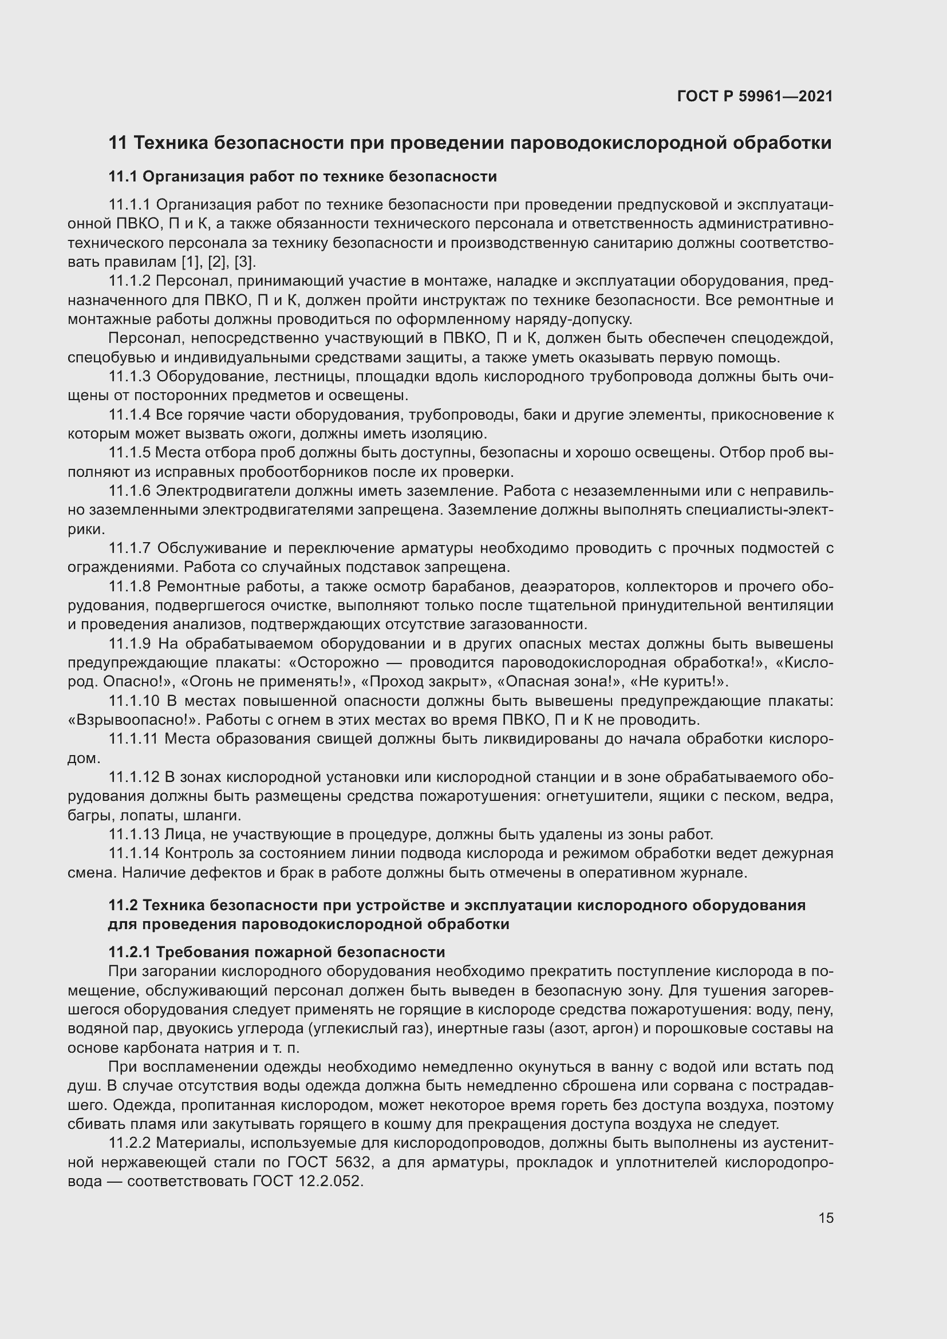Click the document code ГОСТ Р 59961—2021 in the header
pos(755,96)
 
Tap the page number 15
pos(826,1218)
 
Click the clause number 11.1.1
pos(129,205)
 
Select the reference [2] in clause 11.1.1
pos(218,262)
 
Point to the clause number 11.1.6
pos(129,491)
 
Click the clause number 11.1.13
pos(133,835)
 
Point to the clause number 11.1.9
pos(129,644)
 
